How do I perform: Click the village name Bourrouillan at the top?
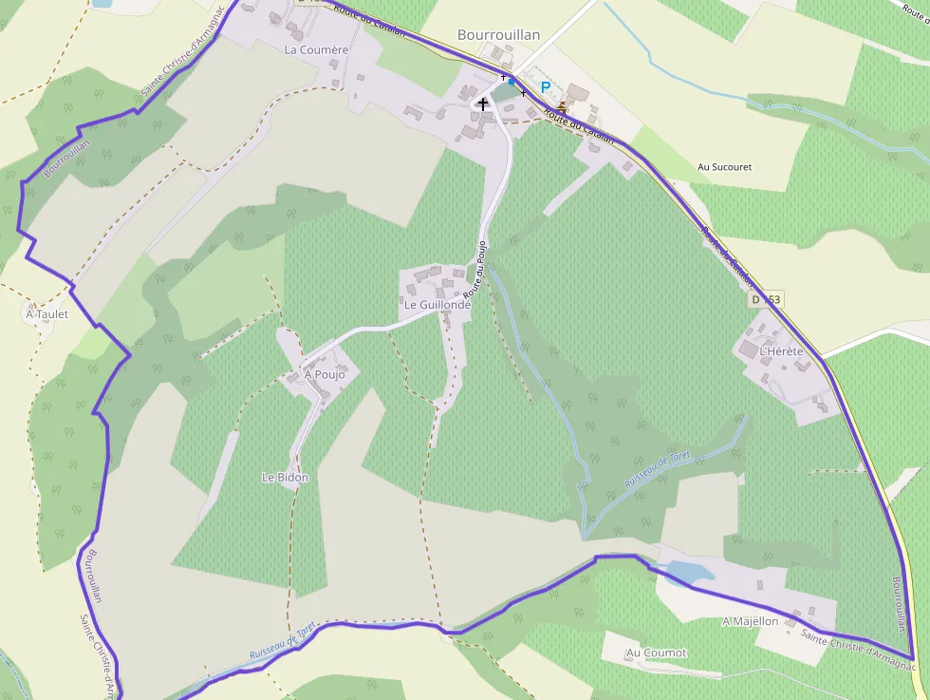498,35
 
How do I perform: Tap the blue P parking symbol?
546,87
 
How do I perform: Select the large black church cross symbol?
483,103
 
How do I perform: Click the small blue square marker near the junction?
512,82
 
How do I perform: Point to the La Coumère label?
317,49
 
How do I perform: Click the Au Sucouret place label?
724,167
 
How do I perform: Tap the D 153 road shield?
766,299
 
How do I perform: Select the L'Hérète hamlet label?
781,351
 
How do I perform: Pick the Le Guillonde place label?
437,305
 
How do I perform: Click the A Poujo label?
325,374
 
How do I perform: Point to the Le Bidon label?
286,478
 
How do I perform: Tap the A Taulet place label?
47,313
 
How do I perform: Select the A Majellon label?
750,621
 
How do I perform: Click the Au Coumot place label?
656,653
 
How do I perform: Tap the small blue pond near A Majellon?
691,572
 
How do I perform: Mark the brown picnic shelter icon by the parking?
562,105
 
